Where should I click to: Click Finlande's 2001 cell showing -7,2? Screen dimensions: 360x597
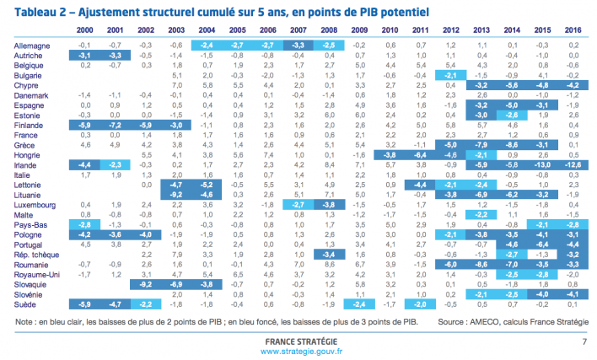point(115,124)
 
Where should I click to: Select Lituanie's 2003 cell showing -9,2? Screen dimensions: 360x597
point(175,195)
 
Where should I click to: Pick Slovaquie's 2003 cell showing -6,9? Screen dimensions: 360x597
point(175,284)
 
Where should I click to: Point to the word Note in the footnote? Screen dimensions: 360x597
point(24,321)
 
